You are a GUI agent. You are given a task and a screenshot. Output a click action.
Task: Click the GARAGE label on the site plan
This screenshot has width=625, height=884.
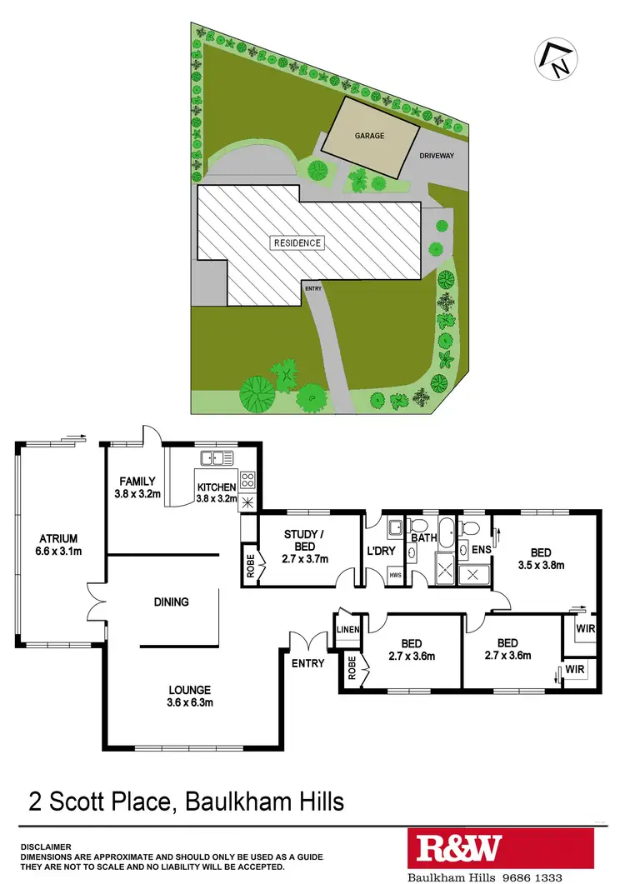(x=369, y=136)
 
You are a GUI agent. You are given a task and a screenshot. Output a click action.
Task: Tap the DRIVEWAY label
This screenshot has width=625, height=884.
(x=437, y=156)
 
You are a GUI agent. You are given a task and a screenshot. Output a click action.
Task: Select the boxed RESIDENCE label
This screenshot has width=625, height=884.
(x=296, y=243)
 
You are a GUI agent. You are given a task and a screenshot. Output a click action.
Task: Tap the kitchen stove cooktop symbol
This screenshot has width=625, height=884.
(x=247, y=480)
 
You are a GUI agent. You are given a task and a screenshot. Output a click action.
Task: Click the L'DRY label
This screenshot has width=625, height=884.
(x=379, y=551)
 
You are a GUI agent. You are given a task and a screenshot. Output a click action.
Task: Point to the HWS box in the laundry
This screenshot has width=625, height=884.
(x=396, y=575)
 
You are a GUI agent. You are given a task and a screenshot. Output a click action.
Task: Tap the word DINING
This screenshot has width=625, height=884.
(x=171, y=602)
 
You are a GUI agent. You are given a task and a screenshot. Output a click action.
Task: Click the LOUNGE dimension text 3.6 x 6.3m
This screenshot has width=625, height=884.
(x=190, y=702)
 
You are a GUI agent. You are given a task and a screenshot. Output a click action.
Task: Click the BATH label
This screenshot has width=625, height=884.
(x=424, y=538)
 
